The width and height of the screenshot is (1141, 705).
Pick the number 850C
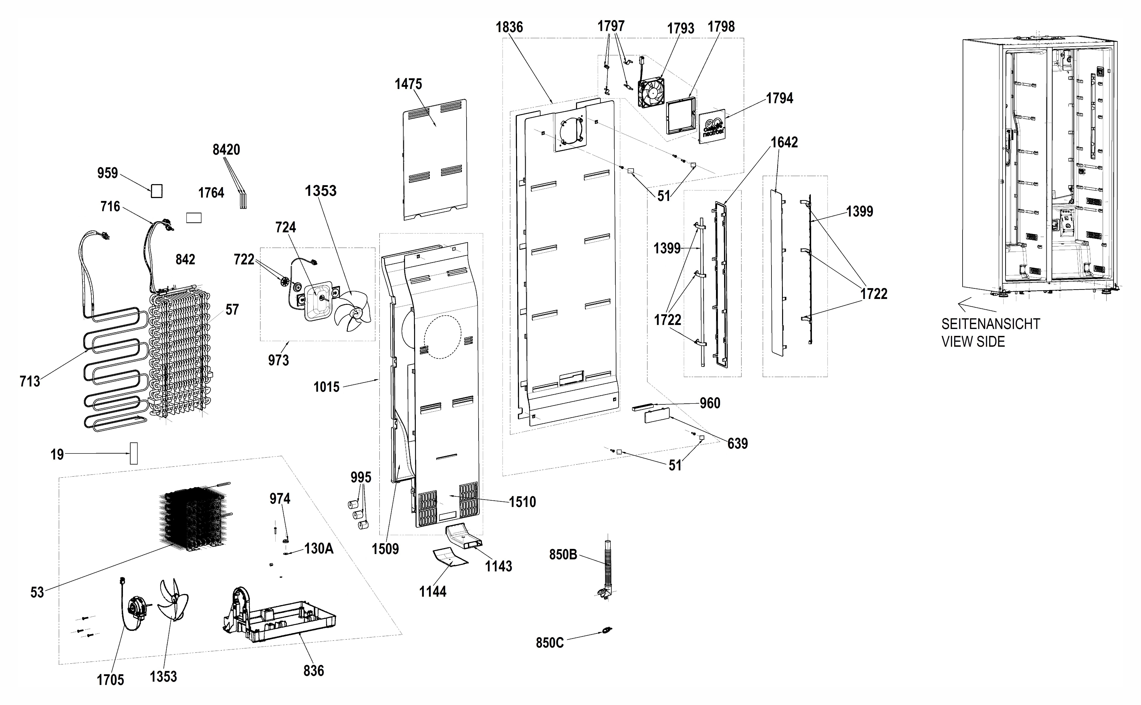(x=550, y=643)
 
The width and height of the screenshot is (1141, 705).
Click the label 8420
(x=226, y=150)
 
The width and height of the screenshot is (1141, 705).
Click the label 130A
(x=319, y=549)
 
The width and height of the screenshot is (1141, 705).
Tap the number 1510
(x=522, y=502)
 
